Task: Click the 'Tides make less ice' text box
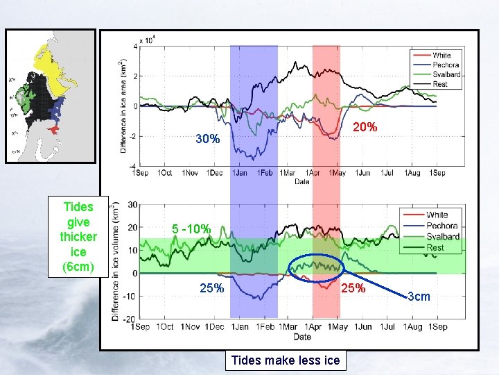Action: (x=286, y=360)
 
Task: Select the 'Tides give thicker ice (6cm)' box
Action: (x=78, y=237)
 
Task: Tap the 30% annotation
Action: (x=207, y=139)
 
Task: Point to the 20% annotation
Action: (x=365, y=127)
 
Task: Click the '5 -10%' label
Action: (x=192, y=229)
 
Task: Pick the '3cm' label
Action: (x=418, y=297)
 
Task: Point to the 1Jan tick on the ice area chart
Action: (x=240, y=172)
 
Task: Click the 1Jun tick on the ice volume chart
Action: (x=362, y=326)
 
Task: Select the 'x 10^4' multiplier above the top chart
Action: (x=146, y=40)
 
